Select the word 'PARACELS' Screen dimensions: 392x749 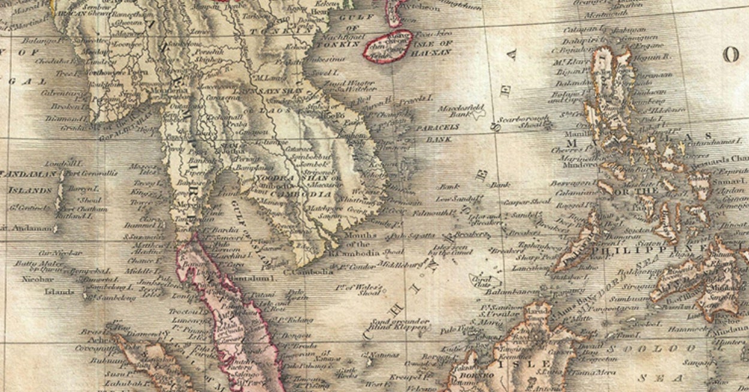(437, 128)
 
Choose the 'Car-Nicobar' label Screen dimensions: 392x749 (61, 253)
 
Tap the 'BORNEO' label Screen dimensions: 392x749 (476, 375)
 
